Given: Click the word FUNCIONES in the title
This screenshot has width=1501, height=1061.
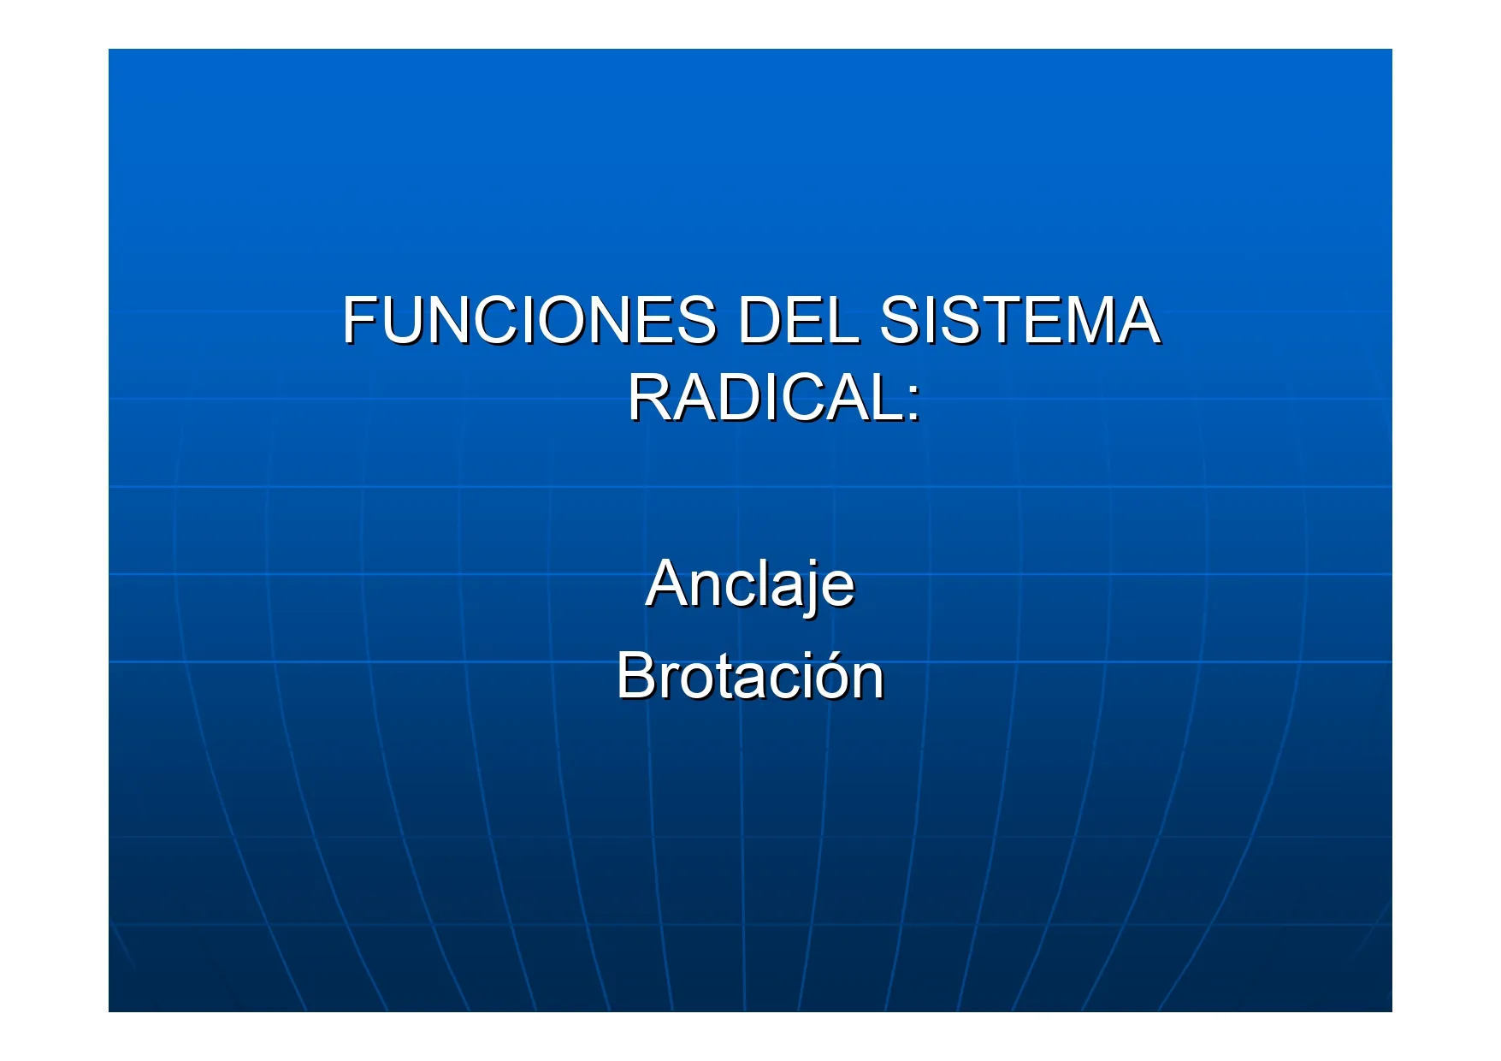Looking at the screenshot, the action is [529, 321].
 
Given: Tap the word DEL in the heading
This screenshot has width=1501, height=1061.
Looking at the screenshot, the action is [797, 321].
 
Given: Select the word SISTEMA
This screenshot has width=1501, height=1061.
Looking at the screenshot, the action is [1019, 321].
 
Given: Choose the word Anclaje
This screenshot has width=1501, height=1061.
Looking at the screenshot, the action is [750, 585].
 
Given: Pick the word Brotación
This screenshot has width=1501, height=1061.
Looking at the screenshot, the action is [750, 676].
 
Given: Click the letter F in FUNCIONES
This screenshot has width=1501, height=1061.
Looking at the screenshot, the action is [361, 321].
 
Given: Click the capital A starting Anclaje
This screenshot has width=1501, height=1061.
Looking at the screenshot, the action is [668, 584].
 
